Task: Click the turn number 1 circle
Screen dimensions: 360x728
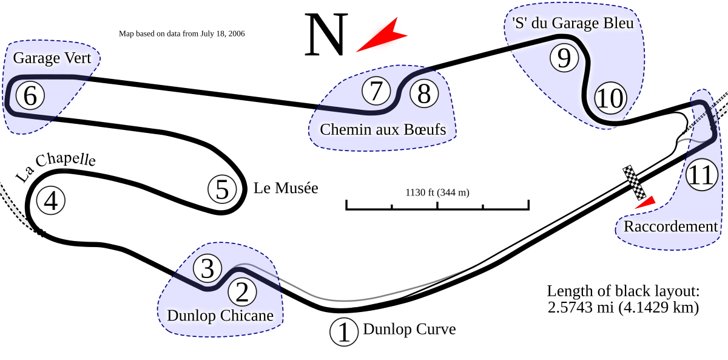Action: [x=344, y=333]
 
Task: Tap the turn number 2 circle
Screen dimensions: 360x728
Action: [x=242, y=293]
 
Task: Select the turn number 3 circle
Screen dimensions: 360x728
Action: [x=208, y=268]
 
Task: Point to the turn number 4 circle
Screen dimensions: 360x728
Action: [x=52, y=201]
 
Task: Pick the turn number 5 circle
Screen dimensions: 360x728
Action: [x=223, y=189]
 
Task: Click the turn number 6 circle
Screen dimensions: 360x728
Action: [x=30, y=95]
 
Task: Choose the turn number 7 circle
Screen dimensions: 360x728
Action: [x=377, y=92]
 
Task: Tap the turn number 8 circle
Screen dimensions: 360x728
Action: [x=424, y=94]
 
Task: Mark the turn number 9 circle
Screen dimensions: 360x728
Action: [x=564, y=58]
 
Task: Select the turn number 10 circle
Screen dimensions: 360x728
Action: [x=609, y=98]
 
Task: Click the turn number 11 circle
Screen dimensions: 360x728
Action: [x=701, y=176]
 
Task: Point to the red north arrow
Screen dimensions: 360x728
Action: [x=380, y=36]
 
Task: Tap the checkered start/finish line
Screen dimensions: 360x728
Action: [x=635, y=182]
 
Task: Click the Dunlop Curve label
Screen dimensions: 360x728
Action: [x=409, y=330]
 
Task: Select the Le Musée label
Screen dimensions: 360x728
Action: [x=286, y=188]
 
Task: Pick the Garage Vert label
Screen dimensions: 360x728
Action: [x=52, y=58]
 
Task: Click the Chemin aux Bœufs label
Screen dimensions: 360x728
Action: [x=383, y=129]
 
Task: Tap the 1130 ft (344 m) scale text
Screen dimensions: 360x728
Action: [x=437, y=193]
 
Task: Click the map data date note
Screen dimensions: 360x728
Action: [x=182, y=34]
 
